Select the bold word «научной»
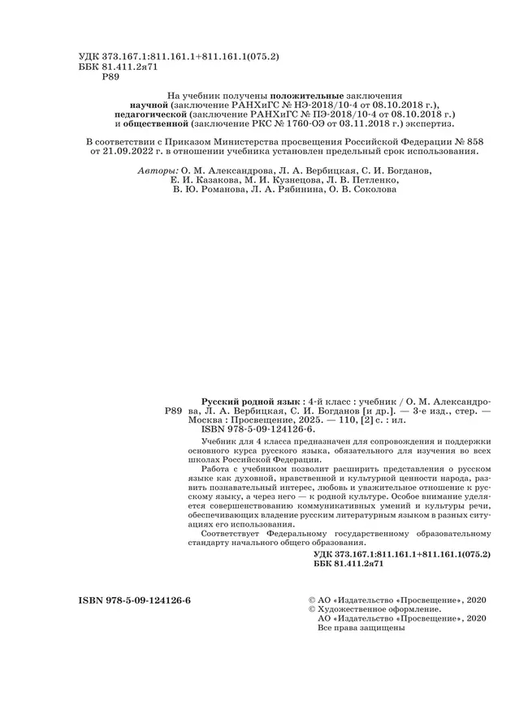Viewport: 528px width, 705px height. [x=149, y=105]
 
